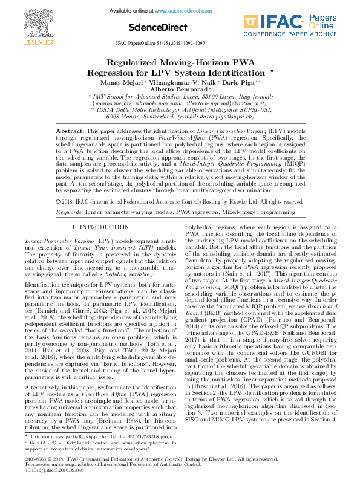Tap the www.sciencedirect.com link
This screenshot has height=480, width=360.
(x=178, y=11)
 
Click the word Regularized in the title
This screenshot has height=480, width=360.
(x=135, y=63)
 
